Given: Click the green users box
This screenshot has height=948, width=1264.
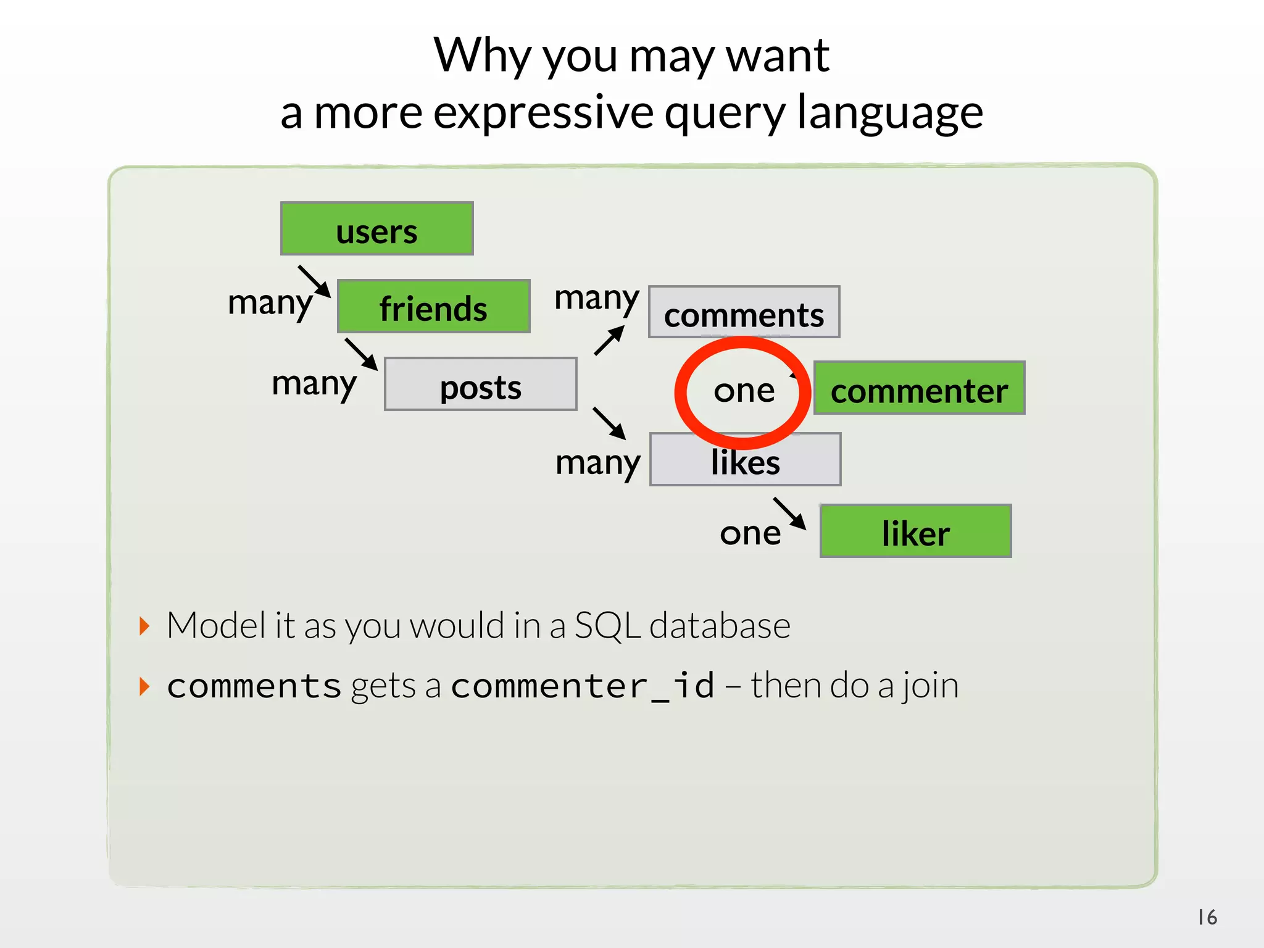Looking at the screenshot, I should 376,228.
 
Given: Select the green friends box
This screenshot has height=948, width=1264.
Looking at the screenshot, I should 433,307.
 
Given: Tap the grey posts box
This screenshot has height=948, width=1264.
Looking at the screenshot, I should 480,385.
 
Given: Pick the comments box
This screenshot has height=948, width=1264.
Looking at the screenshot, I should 744,312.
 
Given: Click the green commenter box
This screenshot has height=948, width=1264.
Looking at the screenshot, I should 919,388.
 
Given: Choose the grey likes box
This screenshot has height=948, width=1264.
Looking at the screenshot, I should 745,460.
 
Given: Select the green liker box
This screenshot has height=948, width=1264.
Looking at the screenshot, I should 915,531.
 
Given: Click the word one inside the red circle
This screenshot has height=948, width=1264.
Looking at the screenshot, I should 744,391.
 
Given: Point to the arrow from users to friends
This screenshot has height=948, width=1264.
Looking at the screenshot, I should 314,281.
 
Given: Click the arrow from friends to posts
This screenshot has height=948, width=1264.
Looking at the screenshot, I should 361,354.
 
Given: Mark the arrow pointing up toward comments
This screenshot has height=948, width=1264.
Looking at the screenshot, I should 609,340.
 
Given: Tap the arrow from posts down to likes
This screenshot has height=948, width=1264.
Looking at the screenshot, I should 609,423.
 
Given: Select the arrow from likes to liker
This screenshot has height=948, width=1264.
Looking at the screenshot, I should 789,513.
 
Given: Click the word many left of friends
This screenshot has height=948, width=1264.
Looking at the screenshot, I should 270,303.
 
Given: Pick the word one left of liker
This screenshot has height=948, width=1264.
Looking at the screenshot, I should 750,533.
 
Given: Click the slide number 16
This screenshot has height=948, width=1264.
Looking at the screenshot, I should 1207,917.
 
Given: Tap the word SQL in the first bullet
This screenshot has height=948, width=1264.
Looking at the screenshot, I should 607,626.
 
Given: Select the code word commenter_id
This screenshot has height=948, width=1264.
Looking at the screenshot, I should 583,686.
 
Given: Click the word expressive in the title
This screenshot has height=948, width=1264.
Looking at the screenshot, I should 543,113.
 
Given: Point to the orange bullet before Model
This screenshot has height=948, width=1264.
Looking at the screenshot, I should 144,626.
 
